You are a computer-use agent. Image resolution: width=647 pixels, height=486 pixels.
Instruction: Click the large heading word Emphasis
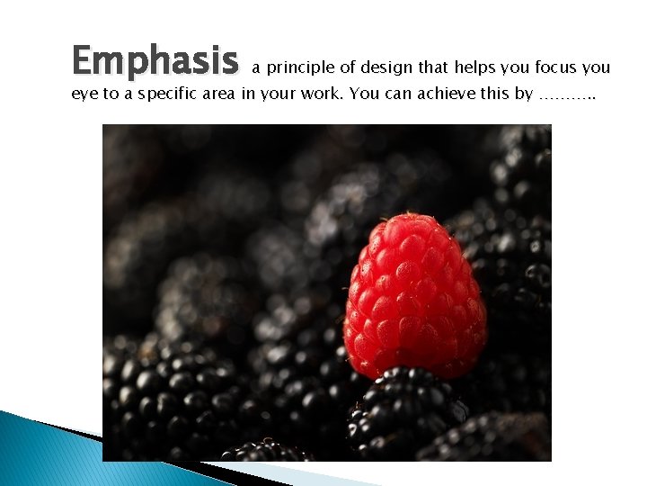(x=155, y=61)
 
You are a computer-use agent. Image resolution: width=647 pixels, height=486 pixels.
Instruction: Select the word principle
(x=301, y=67)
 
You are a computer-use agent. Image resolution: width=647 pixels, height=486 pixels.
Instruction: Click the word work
(x=315, y=94)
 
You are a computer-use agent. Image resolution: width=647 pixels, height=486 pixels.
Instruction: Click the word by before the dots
(x=523, y=94)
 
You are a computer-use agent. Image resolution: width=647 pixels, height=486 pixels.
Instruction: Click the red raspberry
(x=414, y=295)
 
